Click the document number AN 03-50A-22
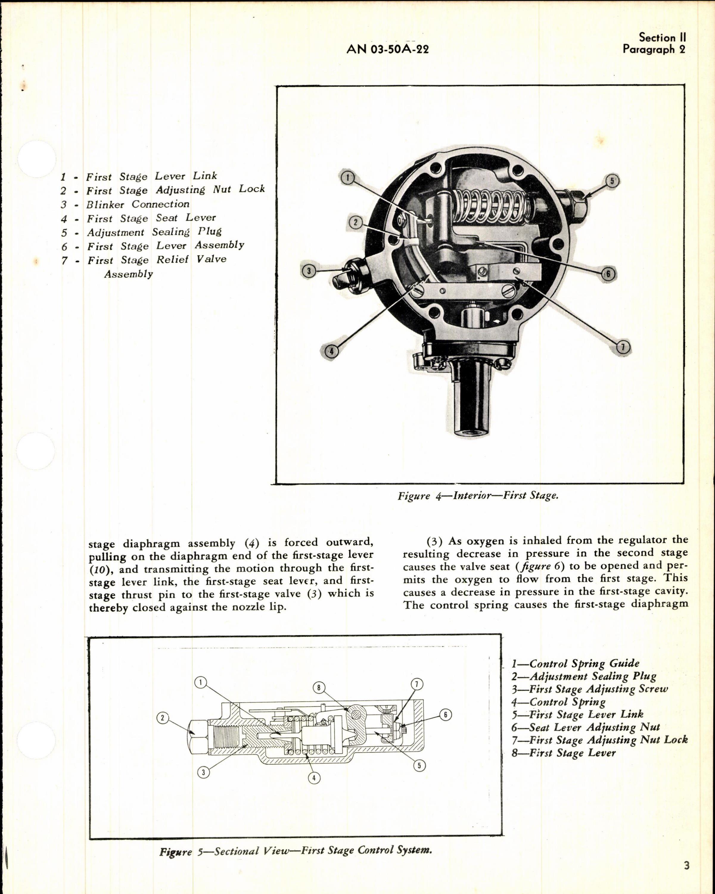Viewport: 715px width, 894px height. (x=388, y=49)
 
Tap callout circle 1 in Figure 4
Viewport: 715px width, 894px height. (x=347, y=178)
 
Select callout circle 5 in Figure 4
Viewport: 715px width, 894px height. (x=612, y=181)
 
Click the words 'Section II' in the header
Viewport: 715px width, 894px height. (x=662, y=38)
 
